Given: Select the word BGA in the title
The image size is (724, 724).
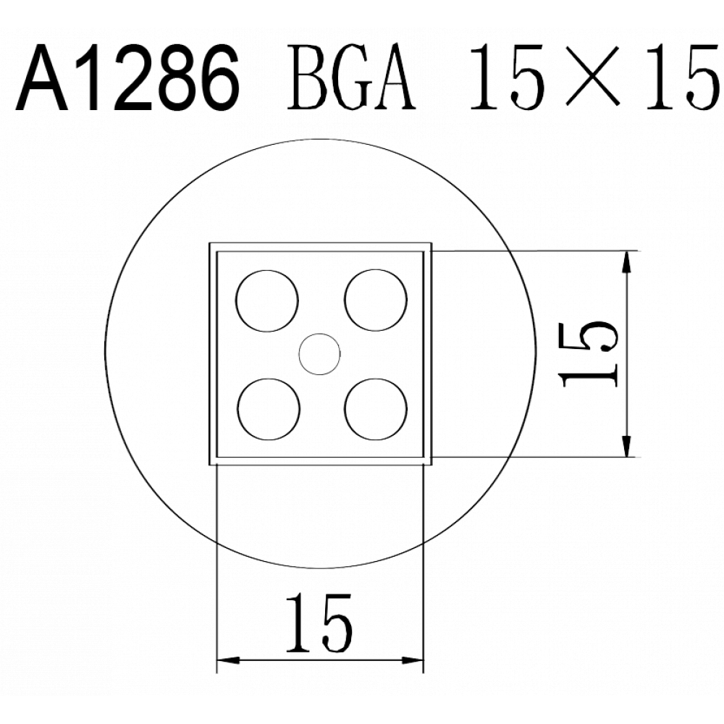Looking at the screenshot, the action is [x=351, y=77].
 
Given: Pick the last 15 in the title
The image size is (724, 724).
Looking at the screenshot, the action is [x=683, y=77].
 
